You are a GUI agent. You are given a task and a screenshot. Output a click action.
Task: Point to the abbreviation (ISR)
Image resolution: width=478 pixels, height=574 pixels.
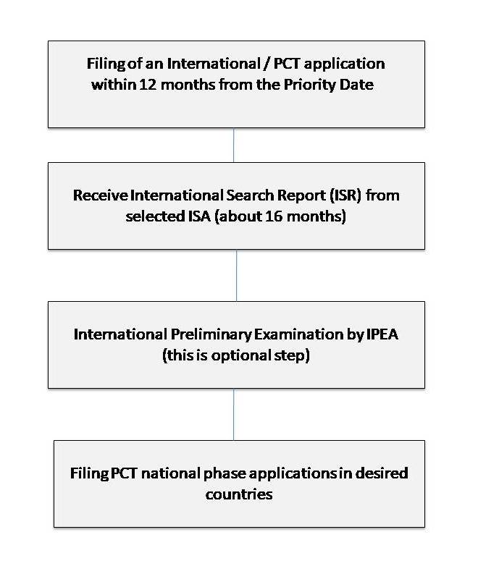tap(332, 195)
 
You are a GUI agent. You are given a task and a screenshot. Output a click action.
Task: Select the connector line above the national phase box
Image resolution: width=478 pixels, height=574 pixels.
tap(233, 414)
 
